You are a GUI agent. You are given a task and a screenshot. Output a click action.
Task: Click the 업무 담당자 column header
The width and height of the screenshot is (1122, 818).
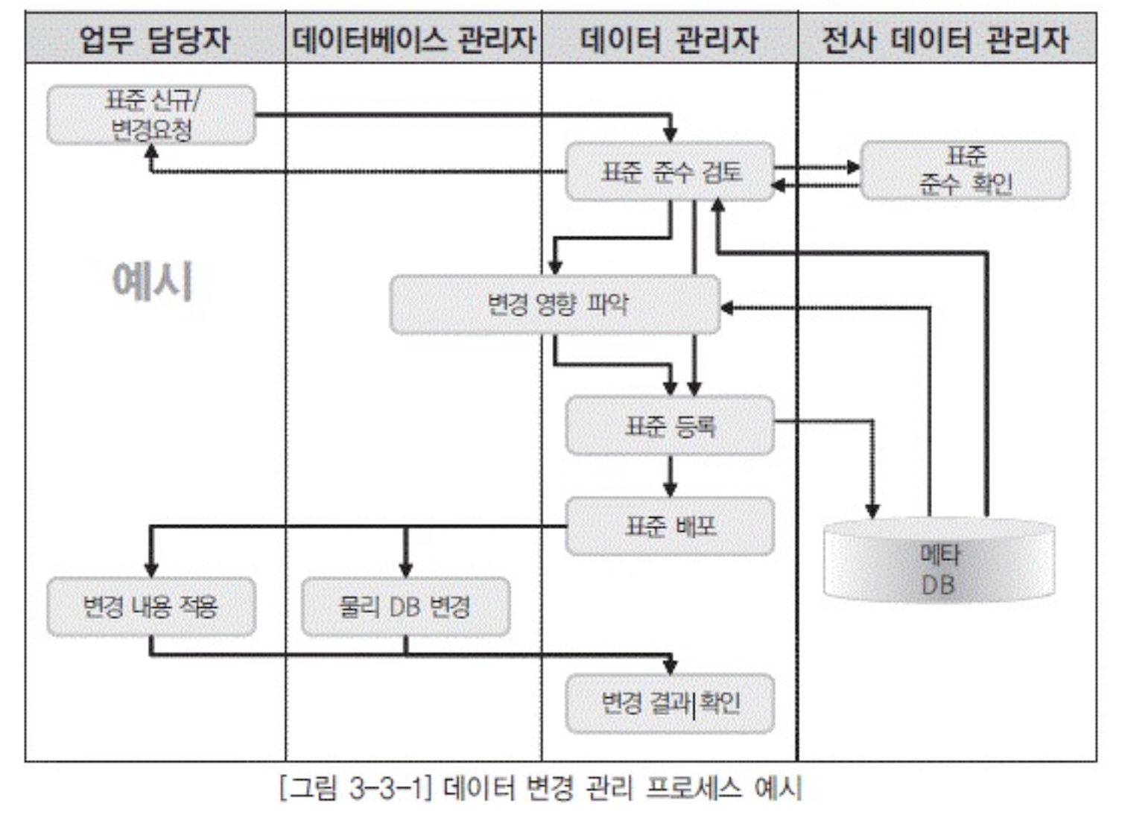click(155, 39)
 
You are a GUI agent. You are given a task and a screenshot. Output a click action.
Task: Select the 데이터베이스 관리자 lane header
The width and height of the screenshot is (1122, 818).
click(413, 39)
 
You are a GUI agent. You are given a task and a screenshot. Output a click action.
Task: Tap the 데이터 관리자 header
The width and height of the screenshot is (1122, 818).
click(669, 39)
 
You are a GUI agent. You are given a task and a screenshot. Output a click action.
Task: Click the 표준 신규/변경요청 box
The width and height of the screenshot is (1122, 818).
click(151, 115)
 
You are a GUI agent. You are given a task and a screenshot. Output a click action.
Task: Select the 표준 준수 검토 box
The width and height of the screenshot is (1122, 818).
click(671, 172)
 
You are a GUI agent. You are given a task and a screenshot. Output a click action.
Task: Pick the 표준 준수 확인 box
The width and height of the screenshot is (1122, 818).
click(965, 171)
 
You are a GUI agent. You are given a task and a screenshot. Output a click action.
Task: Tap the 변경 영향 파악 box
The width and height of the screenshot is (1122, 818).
click(555, 304)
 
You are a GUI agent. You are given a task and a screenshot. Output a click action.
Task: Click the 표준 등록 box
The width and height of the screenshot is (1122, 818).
click(671, 426)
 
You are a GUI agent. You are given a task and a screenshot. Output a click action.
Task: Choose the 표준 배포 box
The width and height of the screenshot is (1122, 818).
click(671, 527)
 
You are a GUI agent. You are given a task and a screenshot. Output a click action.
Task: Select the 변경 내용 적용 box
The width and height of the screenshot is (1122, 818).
click(151, 606)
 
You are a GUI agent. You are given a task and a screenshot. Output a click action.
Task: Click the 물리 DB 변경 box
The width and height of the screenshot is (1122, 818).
click(406, 606)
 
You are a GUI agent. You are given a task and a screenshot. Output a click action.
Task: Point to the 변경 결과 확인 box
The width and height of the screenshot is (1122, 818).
click(671, 704)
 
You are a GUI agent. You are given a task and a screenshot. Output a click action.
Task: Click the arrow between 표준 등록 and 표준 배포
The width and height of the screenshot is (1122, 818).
click(671, 476)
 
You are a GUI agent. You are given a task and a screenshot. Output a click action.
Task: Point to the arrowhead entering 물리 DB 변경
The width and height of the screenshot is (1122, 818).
click(406, 569)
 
